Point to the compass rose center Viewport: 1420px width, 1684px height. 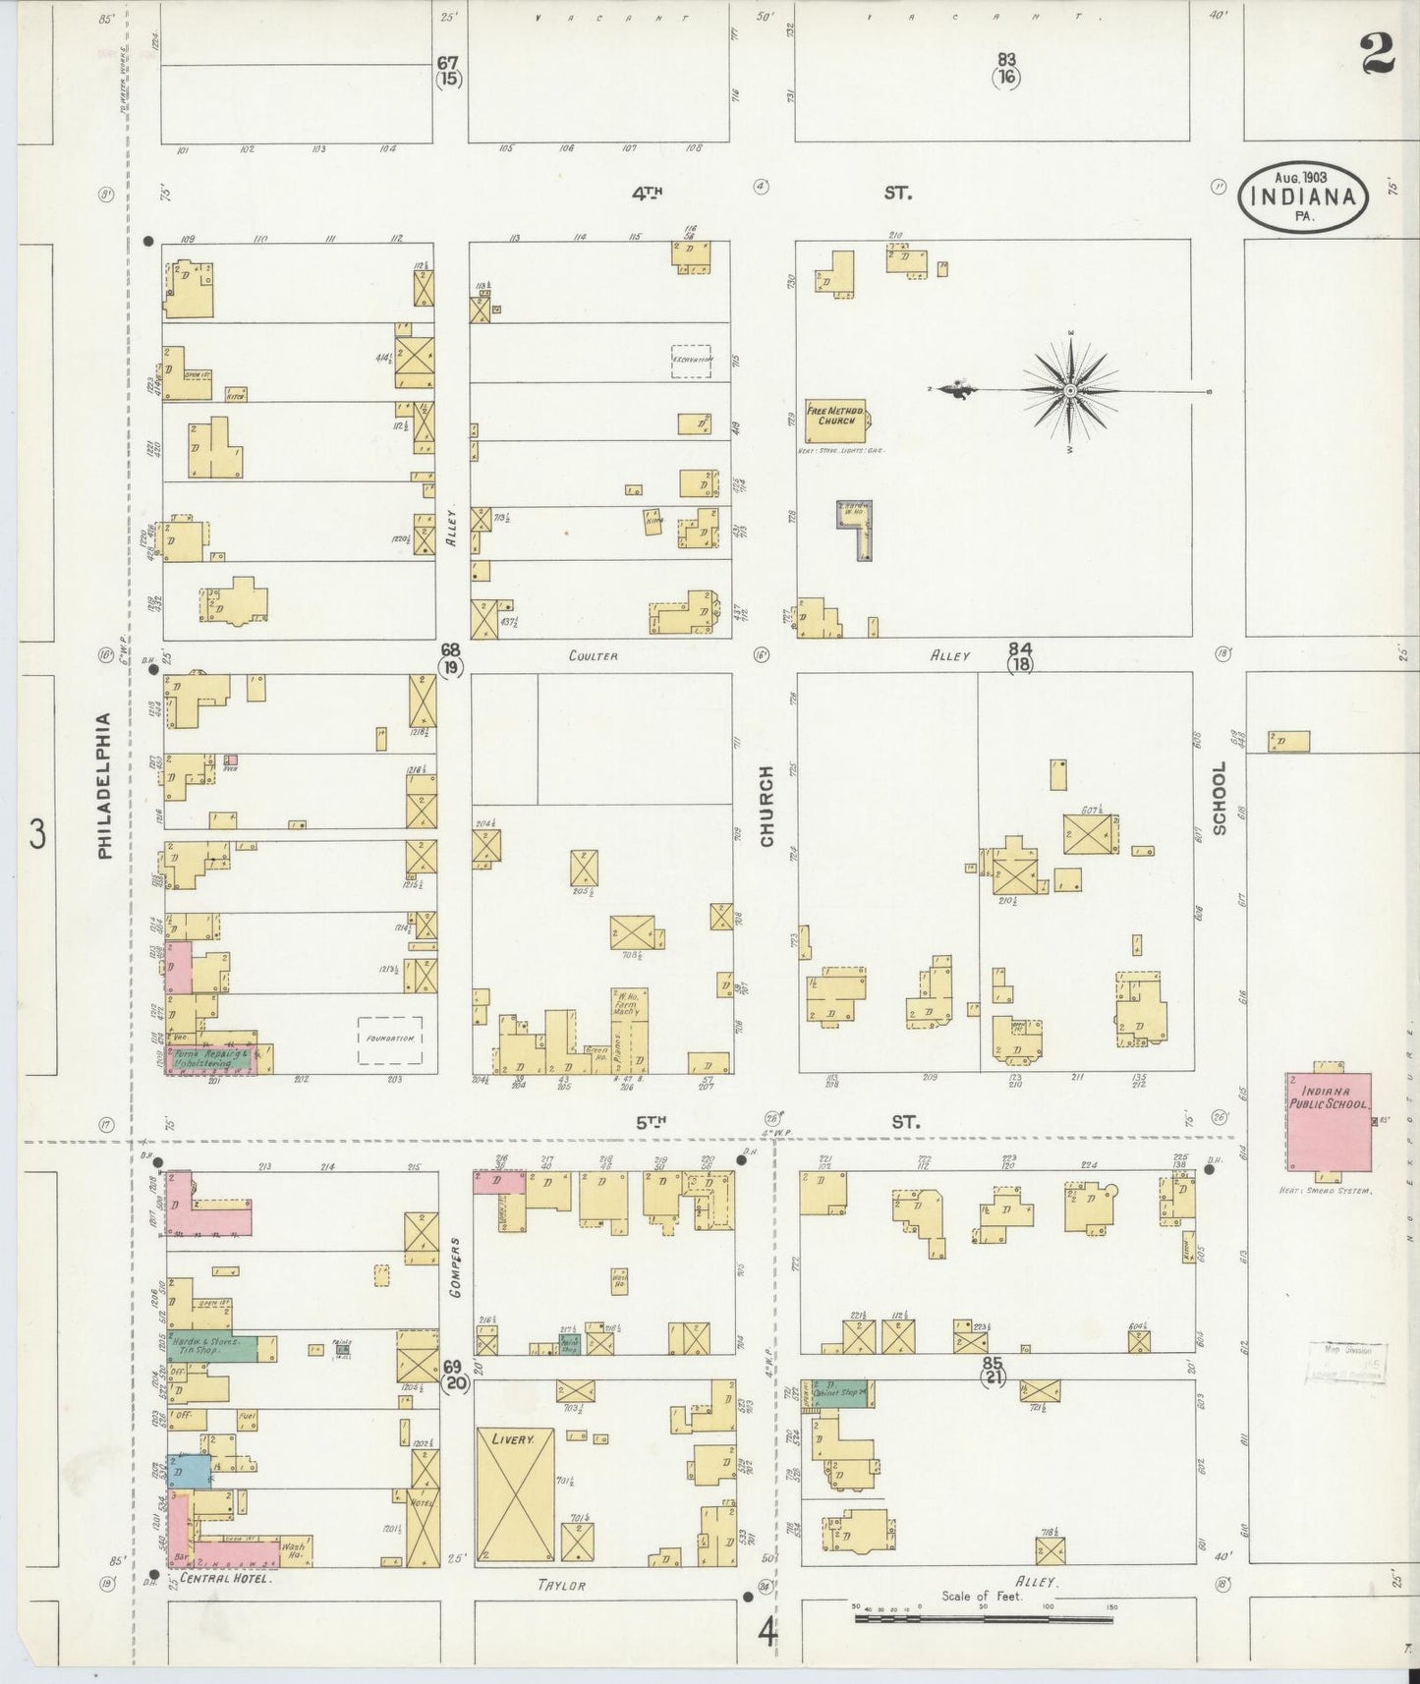point(1069,391)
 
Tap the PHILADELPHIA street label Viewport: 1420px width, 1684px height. point(105,785)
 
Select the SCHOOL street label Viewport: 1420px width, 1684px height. point(1220,798)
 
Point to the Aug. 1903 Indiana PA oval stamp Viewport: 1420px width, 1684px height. point(1302,196)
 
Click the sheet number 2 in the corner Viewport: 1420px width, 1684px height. point(1378,55)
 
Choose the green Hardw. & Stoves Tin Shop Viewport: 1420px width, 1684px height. point(212,1347)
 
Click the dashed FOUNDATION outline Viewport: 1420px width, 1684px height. point(390,1039)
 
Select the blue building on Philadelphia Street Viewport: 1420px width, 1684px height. point(188,1471)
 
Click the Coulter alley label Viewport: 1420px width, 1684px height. point(593,655)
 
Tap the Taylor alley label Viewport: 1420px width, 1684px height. point(561,1586)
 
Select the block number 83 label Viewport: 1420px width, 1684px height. point(1005,60)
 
